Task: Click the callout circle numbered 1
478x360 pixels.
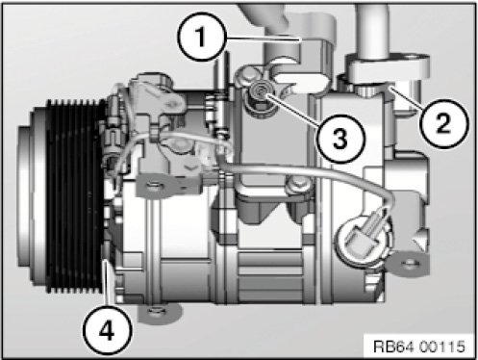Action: click(201, 37)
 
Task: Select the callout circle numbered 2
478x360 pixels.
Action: click(444, 123)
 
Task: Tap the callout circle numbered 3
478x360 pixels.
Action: click(340, 139)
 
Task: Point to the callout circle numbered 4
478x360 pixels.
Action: click(107, 331)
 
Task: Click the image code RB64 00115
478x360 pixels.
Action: click(419, 347)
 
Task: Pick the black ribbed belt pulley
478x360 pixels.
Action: click(74, 195)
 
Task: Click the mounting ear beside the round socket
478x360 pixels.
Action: click(407, 264)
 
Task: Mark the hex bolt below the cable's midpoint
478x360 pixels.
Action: click(298, 186)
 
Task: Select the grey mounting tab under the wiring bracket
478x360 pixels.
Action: click(157, 186)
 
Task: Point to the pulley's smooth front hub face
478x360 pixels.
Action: click(32, 195)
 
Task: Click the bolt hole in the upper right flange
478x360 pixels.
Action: click(411, 59)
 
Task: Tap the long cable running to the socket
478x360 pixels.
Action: click(308, 171)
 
